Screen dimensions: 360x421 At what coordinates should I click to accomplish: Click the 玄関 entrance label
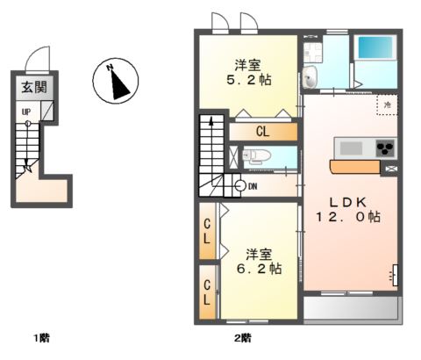tap(33, 87)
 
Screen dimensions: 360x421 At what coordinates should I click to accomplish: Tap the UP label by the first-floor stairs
tap(27, 112)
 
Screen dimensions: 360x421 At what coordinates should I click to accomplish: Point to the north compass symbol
tap(115, 81)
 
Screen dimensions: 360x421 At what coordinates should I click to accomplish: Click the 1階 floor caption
tap(40, 337)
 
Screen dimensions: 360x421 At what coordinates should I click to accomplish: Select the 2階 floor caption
tap(243, 337)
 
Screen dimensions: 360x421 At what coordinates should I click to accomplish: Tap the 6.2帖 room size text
tap(261, 260)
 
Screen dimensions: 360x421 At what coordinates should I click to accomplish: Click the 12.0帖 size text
tap(350, 216)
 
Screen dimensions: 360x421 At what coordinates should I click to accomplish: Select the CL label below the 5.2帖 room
tap(262, 132)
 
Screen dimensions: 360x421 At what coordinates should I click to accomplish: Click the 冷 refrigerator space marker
tap(385, 103)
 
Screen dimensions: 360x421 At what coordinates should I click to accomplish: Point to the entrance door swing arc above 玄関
tap(41, 58)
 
